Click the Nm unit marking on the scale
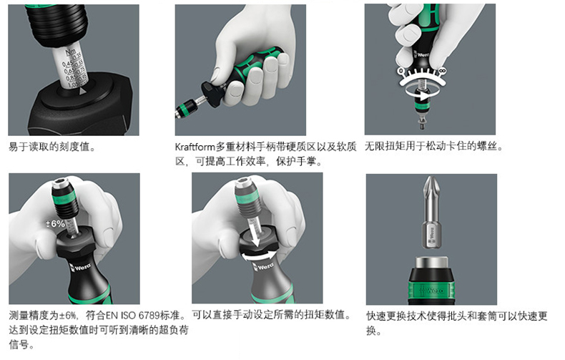71,52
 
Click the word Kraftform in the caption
195,147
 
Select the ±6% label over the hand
55,224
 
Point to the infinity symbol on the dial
442,71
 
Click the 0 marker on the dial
401,71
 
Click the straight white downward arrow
255,235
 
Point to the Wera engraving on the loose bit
432,233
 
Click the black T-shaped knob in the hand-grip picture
212,95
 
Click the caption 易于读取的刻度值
52,147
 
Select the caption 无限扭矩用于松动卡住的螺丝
433,146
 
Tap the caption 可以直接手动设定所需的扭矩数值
271,315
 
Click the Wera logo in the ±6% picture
82,268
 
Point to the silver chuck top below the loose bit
431,263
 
